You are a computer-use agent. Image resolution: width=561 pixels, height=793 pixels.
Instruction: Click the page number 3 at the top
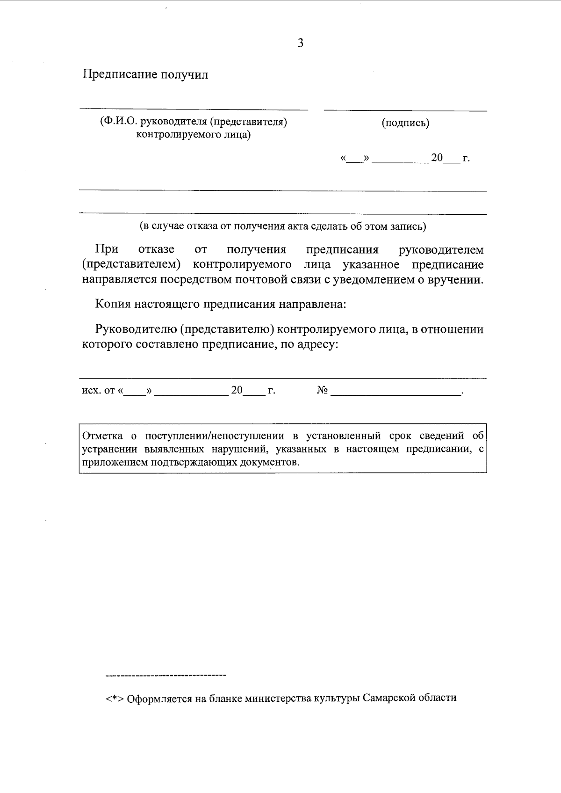coord(301,44)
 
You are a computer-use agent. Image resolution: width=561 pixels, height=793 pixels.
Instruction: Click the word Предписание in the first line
coord(120,75)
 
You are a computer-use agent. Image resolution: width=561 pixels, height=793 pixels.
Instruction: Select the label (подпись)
coord(405,123)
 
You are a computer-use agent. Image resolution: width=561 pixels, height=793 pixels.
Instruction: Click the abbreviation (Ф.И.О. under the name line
coord(115,122)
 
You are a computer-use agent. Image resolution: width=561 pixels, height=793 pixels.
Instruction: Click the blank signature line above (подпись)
coord(405,110)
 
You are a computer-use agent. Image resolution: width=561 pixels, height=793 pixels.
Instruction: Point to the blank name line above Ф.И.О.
coord(194,109)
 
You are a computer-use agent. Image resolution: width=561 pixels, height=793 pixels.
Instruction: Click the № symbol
coord(322,390)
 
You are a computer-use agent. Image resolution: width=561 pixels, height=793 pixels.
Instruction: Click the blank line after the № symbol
coord(396,395)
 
